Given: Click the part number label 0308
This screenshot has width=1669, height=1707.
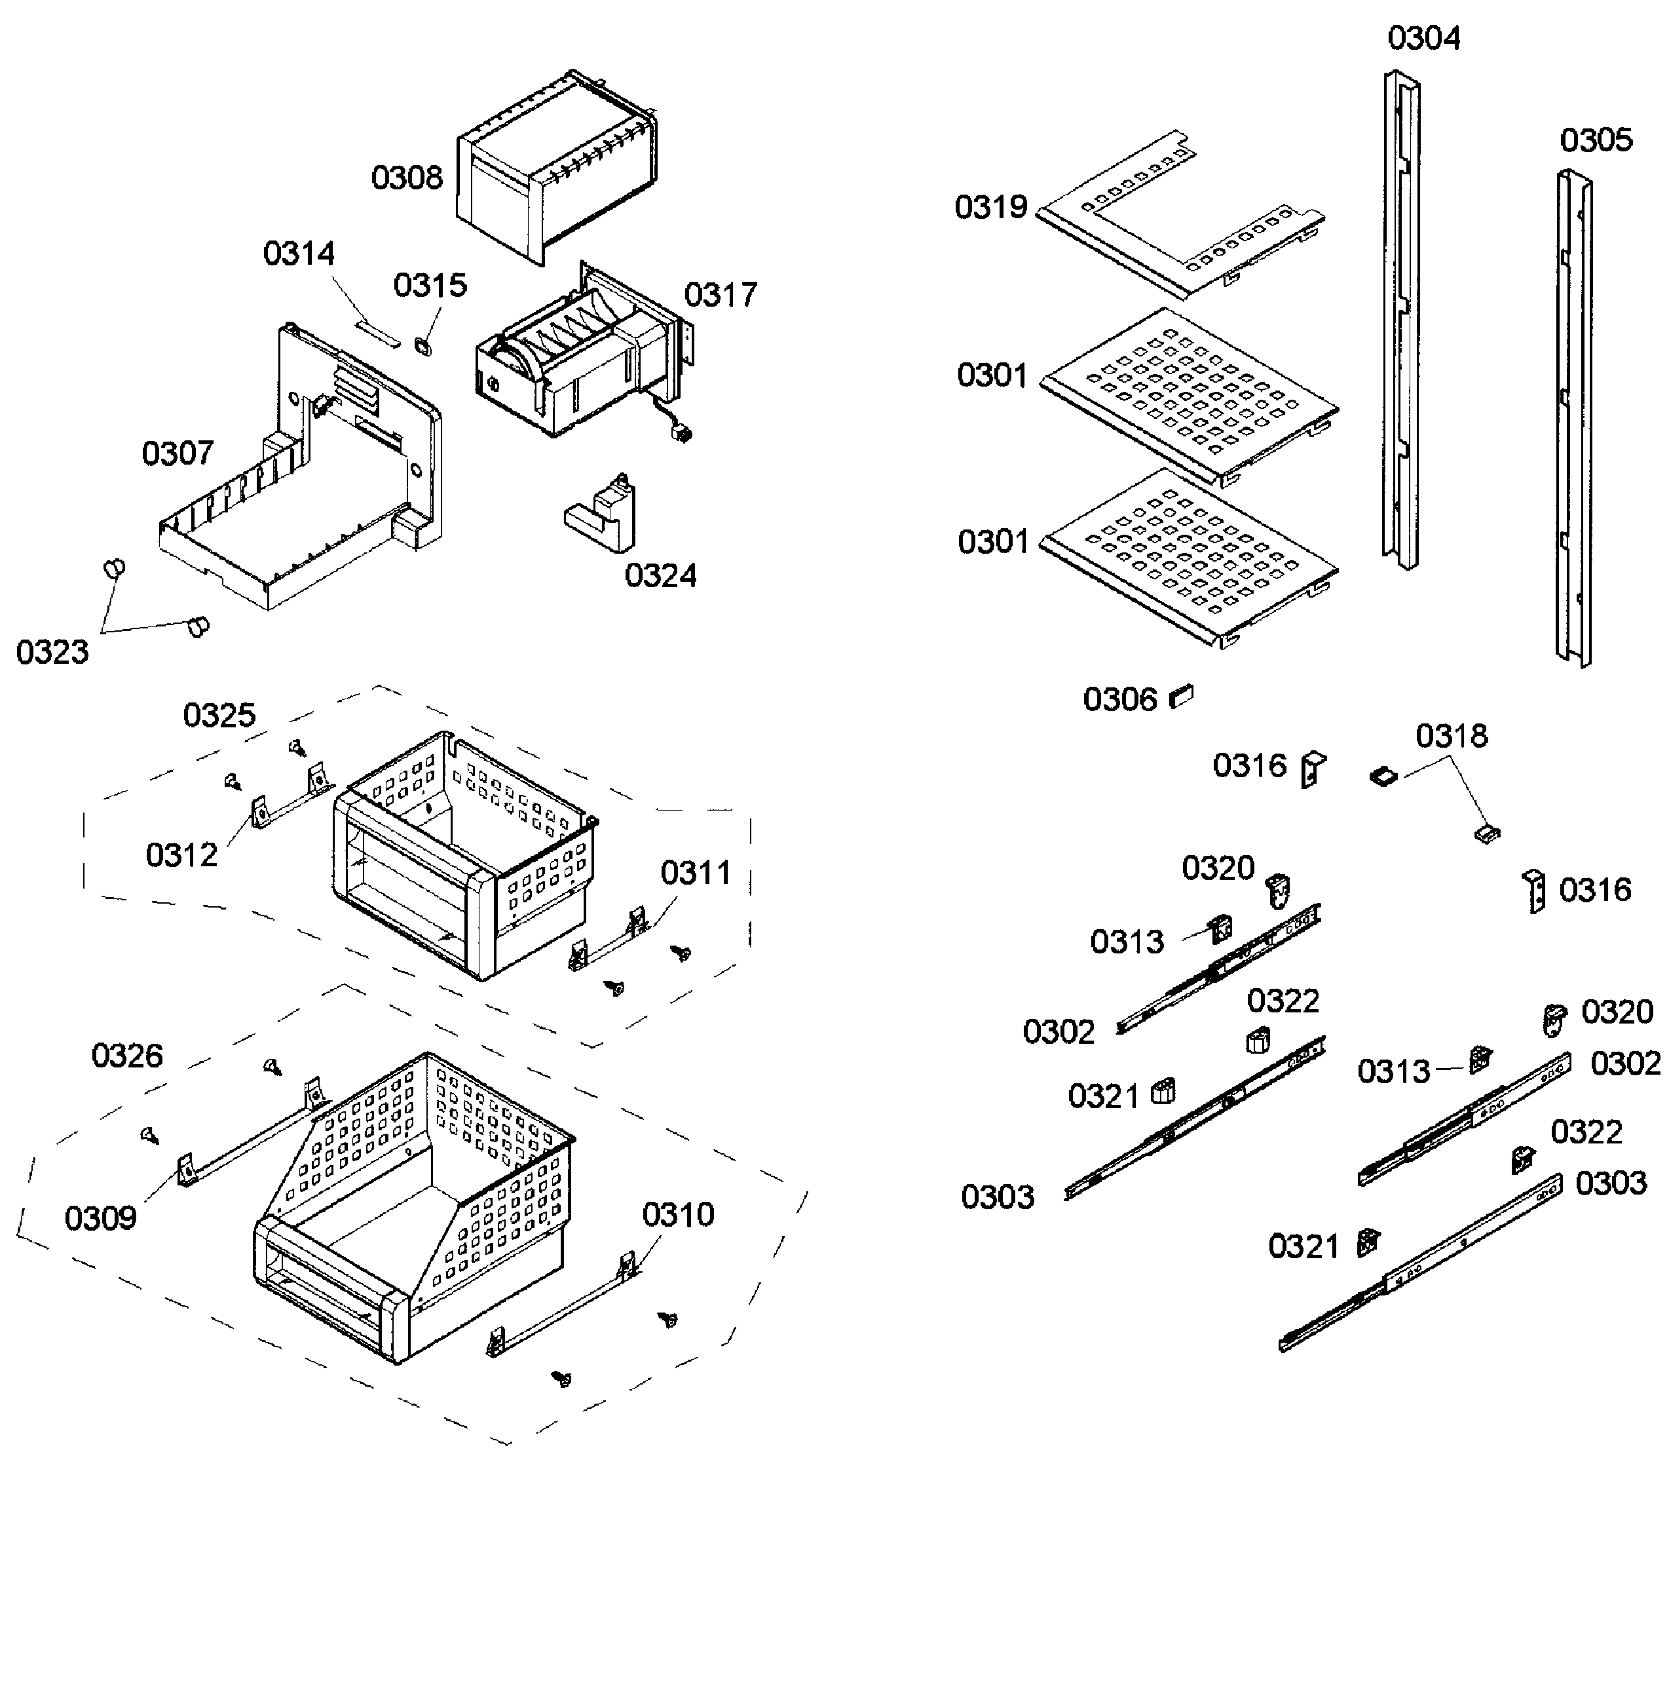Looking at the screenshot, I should click(407, 178).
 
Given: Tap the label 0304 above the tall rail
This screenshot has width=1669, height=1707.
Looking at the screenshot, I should click(1423, 39).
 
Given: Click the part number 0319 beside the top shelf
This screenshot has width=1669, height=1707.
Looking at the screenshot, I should click(990, 208).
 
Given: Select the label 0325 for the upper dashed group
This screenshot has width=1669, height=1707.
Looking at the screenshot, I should click(219, 716).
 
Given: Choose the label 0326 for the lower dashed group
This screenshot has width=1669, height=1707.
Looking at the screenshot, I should click(127, 1056).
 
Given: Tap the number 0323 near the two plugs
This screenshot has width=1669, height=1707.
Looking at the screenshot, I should click(52, 652).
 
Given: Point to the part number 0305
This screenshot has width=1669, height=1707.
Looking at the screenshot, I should click(1596, 140).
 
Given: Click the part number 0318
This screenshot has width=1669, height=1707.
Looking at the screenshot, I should click(1452, 737).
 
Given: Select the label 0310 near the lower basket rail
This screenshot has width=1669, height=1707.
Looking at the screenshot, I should click(677, 1215).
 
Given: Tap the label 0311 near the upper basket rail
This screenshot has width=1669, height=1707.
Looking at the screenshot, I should click(695, 873).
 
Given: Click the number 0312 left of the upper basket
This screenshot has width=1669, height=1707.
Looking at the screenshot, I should click(181, 855).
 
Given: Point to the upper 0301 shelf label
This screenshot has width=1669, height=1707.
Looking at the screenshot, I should click(992, 375).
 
